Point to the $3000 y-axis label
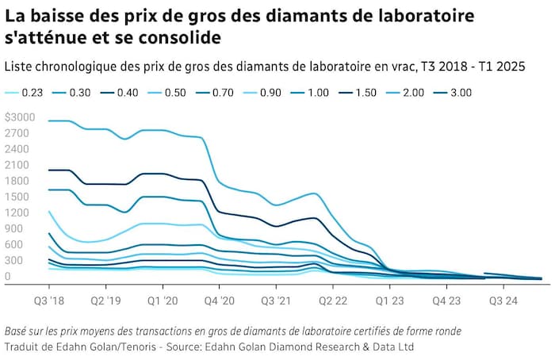tap(19, 117)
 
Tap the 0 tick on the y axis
tap(7, 276)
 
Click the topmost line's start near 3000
tap(49, 121)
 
